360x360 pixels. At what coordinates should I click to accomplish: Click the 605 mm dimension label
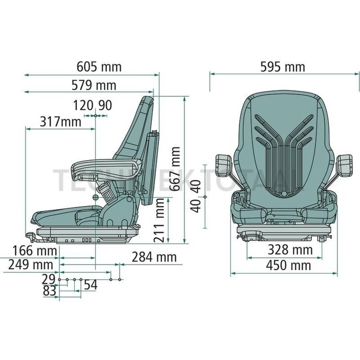tap(99, 67)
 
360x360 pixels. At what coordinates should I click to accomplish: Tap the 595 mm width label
tap(282, 67)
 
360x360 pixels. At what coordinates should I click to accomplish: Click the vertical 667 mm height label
tap(176, 168)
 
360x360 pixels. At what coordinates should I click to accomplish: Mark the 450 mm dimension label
tap(288, 266)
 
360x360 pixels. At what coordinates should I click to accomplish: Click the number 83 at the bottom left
tap(50, 291)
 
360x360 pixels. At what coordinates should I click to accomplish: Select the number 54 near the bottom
tap(90, 285)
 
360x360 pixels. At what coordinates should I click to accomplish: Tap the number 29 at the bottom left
tap(50, 279)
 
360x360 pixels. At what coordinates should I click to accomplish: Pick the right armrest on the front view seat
tap(344, 164)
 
